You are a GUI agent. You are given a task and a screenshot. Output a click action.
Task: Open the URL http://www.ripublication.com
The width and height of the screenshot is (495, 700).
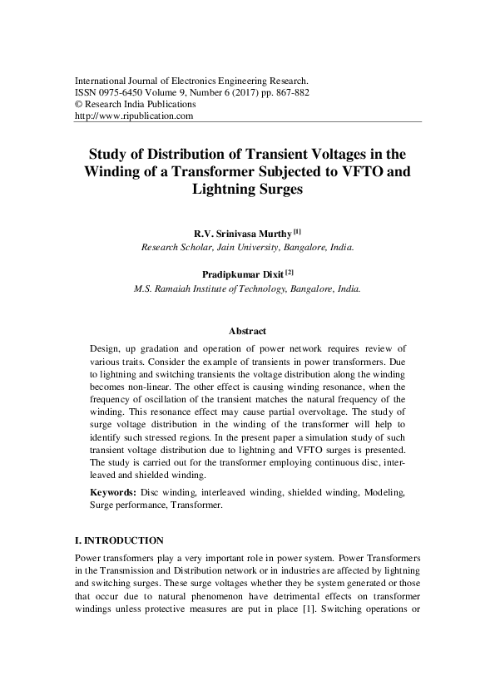pyautogui.click(x=134, y=116)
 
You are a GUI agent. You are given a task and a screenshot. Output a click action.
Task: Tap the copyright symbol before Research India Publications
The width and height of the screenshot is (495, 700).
pyautogui.click(x=79, y=105)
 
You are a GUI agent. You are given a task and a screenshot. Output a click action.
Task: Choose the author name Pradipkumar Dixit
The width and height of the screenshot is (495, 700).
pyautogui.click(x=241, y=274)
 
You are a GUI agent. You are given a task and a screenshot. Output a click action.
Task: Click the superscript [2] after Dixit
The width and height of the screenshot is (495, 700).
pyautogui.click(x=289, y=271)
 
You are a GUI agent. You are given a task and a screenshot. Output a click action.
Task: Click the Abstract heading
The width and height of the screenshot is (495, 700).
pyautogui.click(x=247, y=330)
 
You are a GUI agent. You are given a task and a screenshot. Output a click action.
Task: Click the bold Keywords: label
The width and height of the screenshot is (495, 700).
pyautogui.click(x=114, y=493)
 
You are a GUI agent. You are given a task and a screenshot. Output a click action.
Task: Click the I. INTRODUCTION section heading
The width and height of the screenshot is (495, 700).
pyautogui.click(x=119, y=540)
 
